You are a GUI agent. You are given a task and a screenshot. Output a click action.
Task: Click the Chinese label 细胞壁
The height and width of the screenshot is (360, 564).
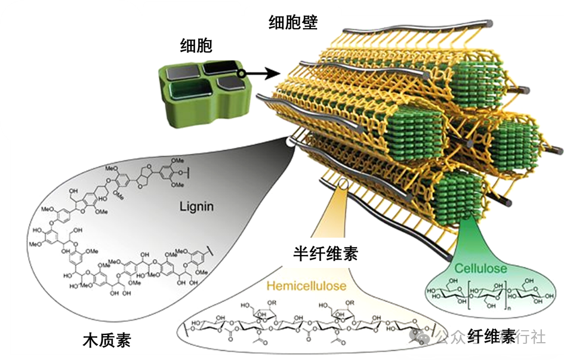pyautogui.click(x=292, y=23)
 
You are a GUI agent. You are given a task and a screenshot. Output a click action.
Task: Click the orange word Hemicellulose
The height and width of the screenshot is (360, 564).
pyautogui.click(x=306, y=286)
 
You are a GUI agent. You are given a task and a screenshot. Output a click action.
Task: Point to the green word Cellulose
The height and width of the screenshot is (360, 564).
pyautogui.click(x=481, y=268)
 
